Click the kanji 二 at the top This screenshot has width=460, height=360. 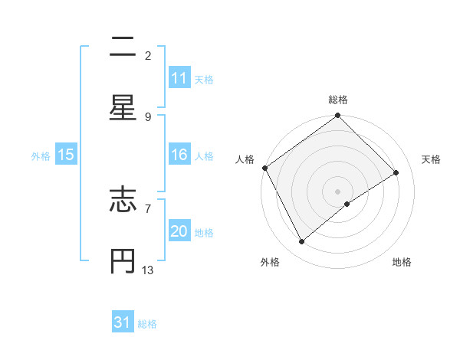pyautogui.click(x=123, y=47)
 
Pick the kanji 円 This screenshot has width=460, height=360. pyautogui.click(x=123, y=259)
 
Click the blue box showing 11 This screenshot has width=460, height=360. pyautogui.click(x=179, y=78)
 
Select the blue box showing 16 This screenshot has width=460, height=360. pyautogui.click(x=179, y=155)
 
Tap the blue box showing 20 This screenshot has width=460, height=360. pyautogui.click(x=179, y=231)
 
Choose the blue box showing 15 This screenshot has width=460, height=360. pyautogui.click(x=66, y=155)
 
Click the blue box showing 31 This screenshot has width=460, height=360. pyautogui.click(x=123, y=322)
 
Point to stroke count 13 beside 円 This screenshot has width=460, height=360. pyautogui.click(x=148, y=270)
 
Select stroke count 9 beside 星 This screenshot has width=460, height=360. pyautogui.click(x=148, y=116)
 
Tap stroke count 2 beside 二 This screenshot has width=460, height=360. pyautogui.click(x=148, y=55)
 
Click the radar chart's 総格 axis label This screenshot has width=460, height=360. pyautogui.click(x=338, y=100)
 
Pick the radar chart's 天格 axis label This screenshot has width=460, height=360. pyautogui.click(x=432, y=159)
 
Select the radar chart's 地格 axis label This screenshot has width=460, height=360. pyautogui.click(x=402, y=262)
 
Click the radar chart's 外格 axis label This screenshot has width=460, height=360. pyautogui.click(x=270, y=262)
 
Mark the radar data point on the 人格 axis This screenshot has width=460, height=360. pyautogui.click(x=264, y=168)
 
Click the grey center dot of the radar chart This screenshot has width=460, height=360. pyautogui.click(x=338, y=190)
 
